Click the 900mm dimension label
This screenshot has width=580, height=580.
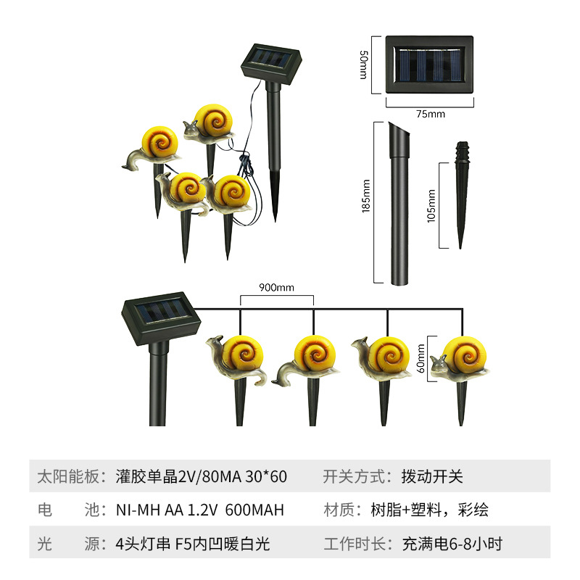[x=277, y=288]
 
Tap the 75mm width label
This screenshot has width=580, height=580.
[x=430, y=114]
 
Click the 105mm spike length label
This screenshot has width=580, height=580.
[x=432, y=206]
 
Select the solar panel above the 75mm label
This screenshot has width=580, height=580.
[x=428, y=65]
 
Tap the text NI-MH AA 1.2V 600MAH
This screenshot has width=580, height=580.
[x=200, y=510]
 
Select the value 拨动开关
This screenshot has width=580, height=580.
[x=432, y=476]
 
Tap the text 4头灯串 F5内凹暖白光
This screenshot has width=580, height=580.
[x=193, y=543]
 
